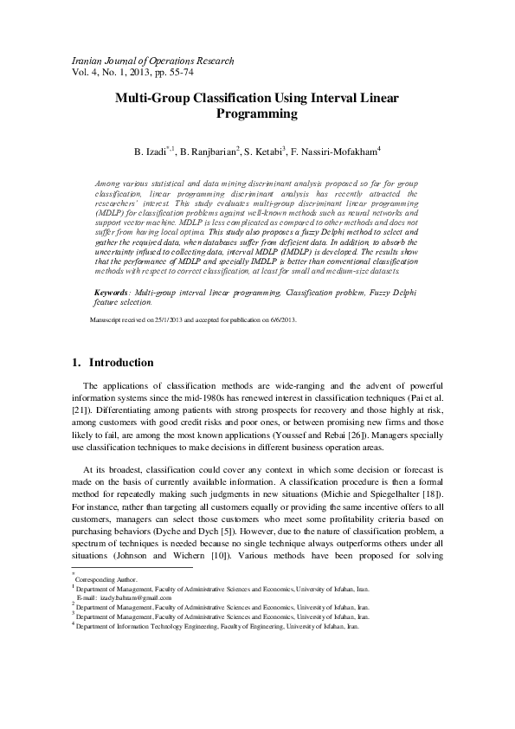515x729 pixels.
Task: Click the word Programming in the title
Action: [257, 113]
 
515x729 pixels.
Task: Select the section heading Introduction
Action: [122, 363]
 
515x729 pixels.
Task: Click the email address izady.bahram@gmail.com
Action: [136, 597]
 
